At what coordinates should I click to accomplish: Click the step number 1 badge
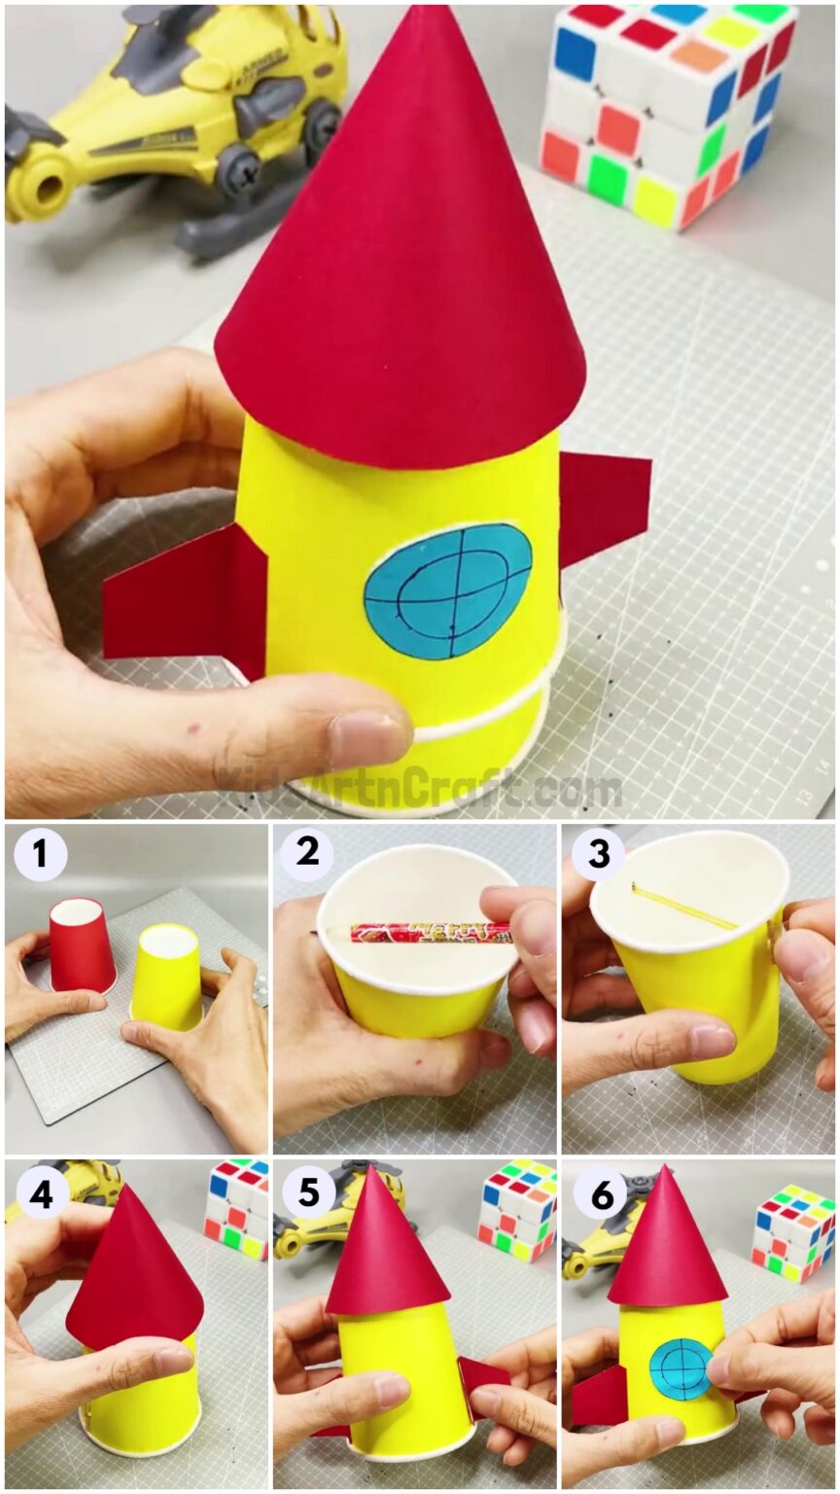click(x=40, y=855)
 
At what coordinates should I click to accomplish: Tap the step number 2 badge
click(x=306, y=854)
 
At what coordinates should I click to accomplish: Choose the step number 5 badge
click(x=308, y=1192)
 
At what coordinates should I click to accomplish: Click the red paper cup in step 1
click(x=82, y=944)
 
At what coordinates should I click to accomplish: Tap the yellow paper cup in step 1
click(x=166, y=976)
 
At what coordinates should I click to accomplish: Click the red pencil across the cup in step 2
click(x=428, y=933)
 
